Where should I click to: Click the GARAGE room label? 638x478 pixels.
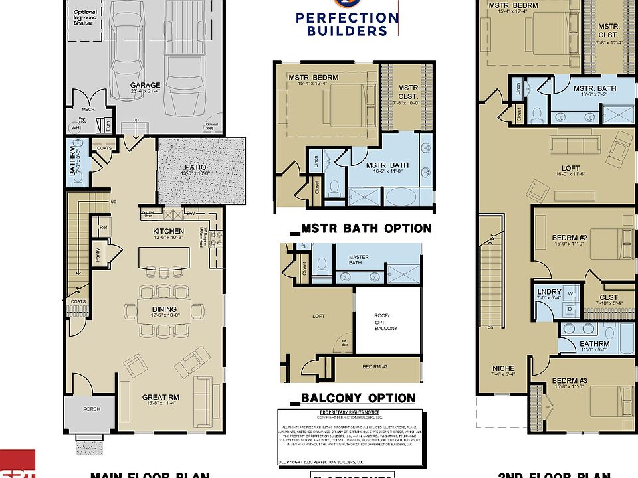point(144,86)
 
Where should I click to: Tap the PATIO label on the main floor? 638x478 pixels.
point(195,167)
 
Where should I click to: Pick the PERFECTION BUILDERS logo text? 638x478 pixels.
point(348,23)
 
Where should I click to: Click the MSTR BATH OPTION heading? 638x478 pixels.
point(362,228)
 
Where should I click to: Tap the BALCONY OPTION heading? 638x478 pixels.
point(354,398)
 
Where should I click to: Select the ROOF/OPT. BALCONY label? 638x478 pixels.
point(387,321)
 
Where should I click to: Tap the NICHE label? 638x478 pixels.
point(503,368)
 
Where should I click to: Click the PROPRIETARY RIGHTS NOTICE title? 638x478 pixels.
point(352,413)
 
